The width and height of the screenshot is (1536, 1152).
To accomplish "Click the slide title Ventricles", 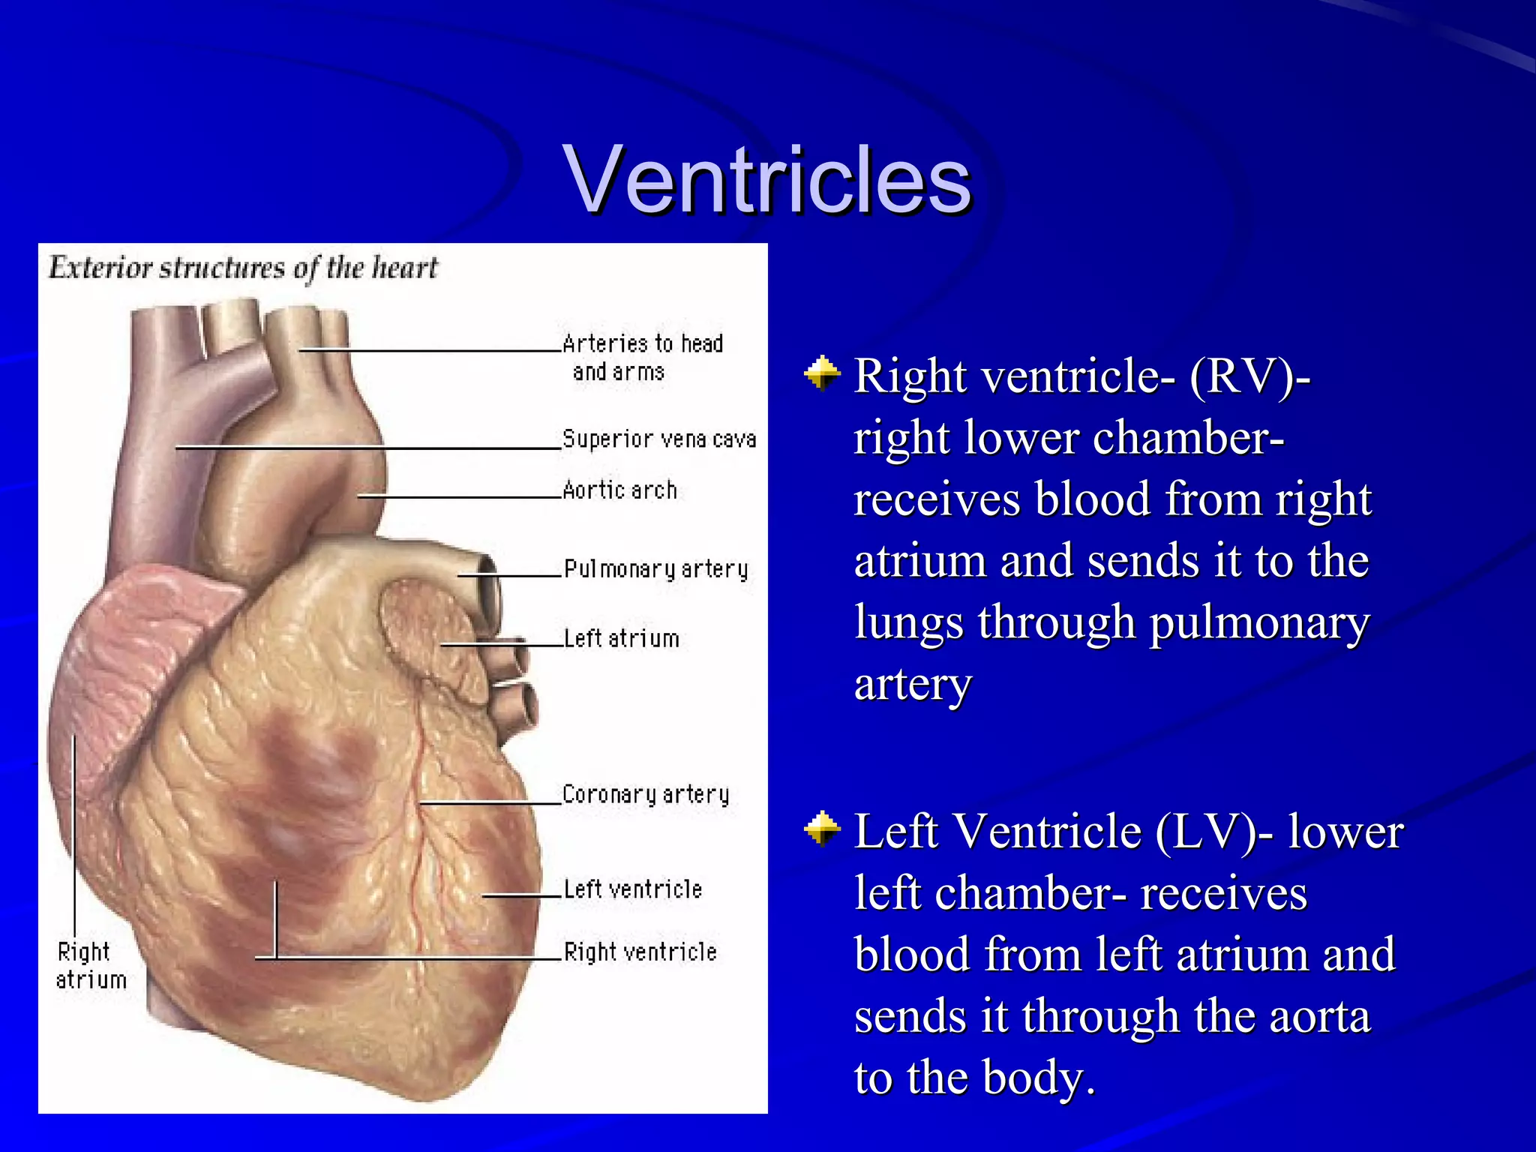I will (769, 180).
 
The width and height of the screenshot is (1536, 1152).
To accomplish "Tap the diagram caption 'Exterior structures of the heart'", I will (243, 268).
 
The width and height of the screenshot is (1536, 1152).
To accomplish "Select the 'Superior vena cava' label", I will (658, 439).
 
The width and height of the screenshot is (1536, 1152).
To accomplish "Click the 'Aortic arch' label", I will (619, 490).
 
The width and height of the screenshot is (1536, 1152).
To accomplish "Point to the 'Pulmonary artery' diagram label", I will (655, 569).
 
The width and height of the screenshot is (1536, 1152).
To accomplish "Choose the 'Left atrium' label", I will (621, 638).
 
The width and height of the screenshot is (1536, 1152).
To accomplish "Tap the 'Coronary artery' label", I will (645, 794).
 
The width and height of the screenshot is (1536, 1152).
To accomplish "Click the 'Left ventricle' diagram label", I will (632, 889).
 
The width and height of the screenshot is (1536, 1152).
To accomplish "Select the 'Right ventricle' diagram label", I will (640, 952).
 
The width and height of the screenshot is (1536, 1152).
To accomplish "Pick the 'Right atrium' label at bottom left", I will (89, 966).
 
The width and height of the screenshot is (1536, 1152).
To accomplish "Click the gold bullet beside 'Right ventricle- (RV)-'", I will (822, 373).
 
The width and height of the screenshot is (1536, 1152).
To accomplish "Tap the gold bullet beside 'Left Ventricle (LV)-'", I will (822, 829).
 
